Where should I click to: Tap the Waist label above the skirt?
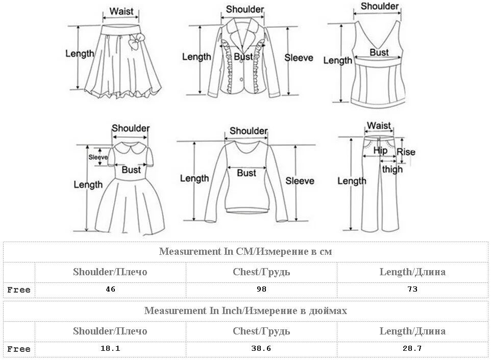coord(121,11)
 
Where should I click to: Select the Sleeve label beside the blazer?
coord(299,58)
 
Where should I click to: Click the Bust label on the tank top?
coord(379,52)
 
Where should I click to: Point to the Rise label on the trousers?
coord(406,152)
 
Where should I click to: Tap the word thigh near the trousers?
coord(392,169)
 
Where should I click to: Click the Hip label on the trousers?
coord(380,151)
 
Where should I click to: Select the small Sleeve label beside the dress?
coord(98,157)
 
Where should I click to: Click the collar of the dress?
coord(131,150)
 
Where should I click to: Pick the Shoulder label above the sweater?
coord(248,131)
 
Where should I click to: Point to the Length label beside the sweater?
coord(194,178)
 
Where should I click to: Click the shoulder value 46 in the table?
coord(110,290)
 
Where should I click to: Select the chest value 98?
coord(261,290)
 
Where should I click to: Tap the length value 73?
coord(412,290)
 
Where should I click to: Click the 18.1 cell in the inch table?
coord(110,349)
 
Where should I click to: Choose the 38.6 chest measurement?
coord(261,349)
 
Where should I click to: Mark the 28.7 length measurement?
coord(412,349)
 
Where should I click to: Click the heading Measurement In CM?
coord(245,251)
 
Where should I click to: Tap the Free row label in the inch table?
coord(19,349)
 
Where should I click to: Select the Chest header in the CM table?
coord(261,272)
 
